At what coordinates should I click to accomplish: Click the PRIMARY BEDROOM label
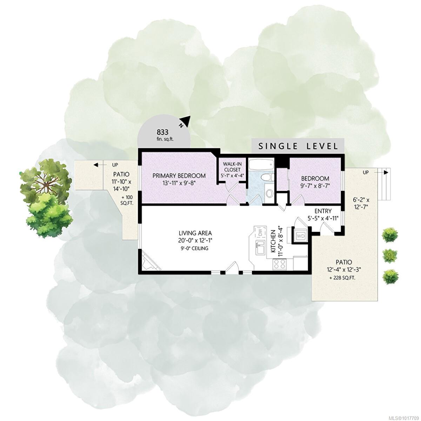point(179,175)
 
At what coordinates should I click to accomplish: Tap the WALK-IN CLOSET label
point(232,167)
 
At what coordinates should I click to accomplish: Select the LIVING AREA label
point(195,233)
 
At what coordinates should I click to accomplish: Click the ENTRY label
point(323,211)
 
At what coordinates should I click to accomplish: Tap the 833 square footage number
point(162,132)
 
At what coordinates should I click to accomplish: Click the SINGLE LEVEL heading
point(298,146)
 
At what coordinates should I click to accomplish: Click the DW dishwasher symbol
point(260,233)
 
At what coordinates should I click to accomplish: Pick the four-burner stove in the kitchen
point(280,263)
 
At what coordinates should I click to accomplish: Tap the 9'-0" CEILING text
point(195,248)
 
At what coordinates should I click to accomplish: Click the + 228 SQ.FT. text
point(342,278)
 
